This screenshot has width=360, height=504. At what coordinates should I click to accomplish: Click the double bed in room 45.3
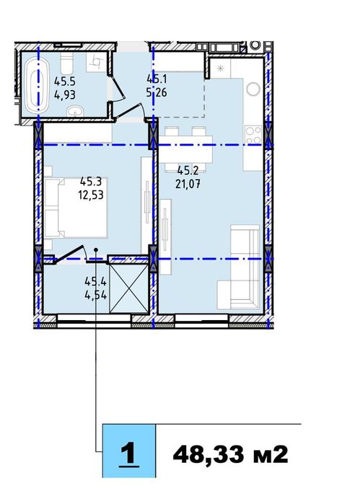coord(76,207)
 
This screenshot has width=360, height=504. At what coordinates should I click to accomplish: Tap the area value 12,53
coord(92,193)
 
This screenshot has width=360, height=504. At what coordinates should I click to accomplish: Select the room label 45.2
coord(188,170)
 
